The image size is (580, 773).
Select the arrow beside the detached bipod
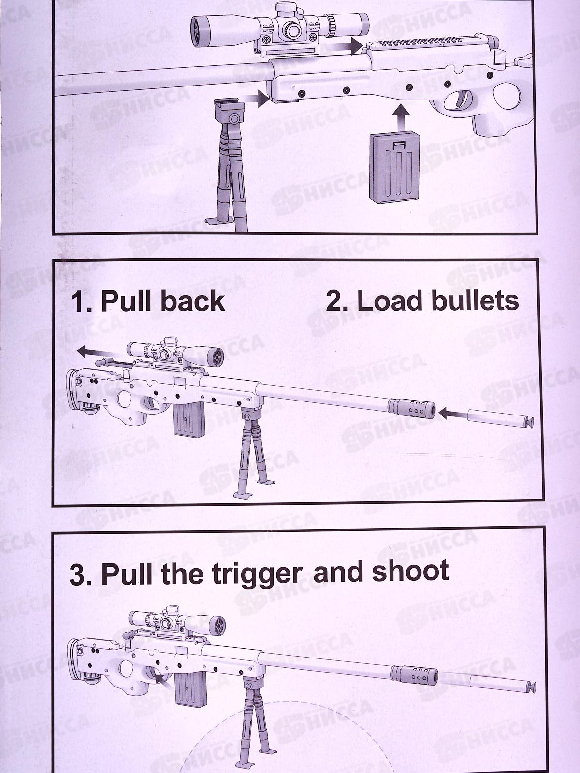257,98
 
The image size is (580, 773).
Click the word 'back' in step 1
193,301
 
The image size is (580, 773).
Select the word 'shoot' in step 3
411,571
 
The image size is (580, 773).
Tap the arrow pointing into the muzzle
452,413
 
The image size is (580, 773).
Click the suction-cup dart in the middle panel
500,419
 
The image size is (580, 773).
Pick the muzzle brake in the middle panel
412,408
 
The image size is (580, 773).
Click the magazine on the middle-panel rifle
189,419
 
